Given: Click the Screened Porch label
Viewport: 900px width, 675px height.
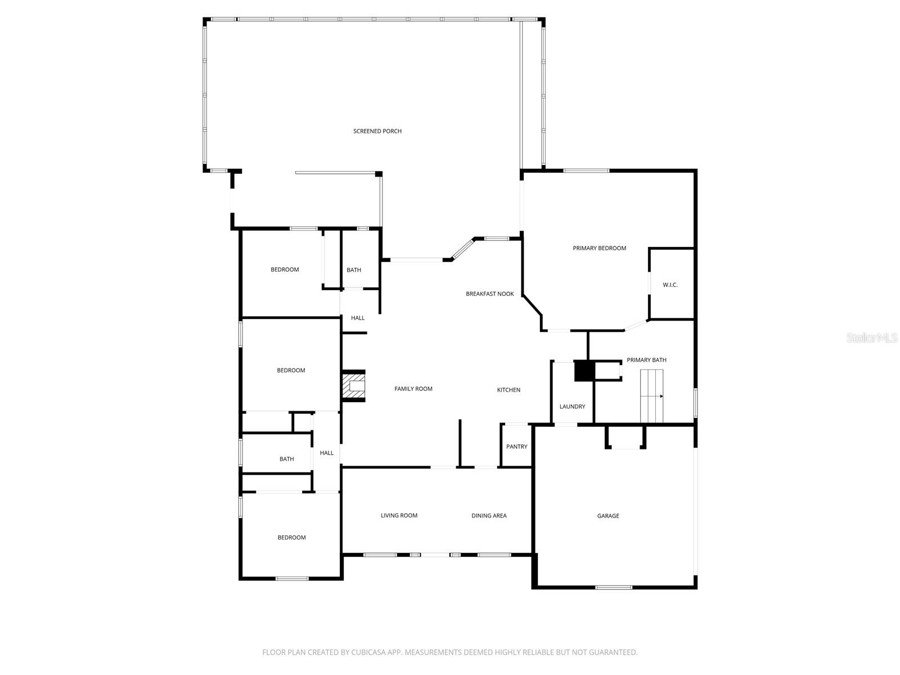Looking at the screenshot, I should (377, 131).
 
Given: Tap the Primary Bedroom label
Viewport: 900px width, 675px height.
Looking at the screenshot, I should (599, 248).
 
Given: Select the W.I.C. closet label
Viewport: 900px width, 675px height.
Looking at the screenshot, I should (670, 285).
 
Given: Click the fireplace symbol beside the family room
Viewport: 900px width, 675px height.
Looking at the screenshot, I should (354, 386).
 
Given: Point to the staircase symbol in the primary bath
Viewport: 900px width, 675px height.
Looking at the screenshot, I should (652, 396).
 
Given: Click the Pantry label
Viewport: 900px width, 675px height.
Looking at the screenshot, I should (516, 447).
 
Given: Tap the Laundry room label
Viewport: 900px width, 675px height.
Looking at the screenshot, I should (572, 407).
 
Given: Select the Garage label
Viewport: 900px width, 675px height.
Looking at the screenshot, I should (608, 516).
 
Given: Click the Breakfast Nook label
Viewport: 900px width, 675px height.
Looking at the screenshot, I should (489, 294).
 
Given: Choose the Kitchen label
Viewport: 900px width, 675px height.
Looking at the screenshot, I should (508, 390).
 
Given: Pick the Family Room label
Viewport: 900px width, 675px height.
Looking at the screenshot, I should (413, 389).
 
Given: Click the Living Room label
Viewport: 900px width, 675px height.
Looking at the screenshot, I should (399, 515).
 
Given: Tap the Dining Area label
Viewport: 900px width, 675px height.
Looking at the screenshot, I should (489, 515).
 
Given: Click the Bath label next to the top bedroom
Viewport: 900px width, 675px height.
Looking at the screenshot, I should (354, 270).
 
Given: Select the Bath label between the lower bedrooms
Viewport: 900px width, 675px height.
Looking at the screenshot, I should (286, 459).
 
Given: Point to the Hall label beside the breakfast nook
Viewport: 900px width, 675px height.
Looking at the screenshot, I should (358, 318).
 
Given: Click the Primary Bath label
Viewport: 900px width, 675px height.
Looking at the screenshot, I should (646, 360).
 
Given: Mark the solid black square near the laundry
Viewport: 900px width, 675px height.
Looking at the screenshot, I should (584, 371).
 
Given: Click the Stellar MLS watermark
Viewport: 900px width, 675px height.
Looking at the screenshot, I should (872, 337).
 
